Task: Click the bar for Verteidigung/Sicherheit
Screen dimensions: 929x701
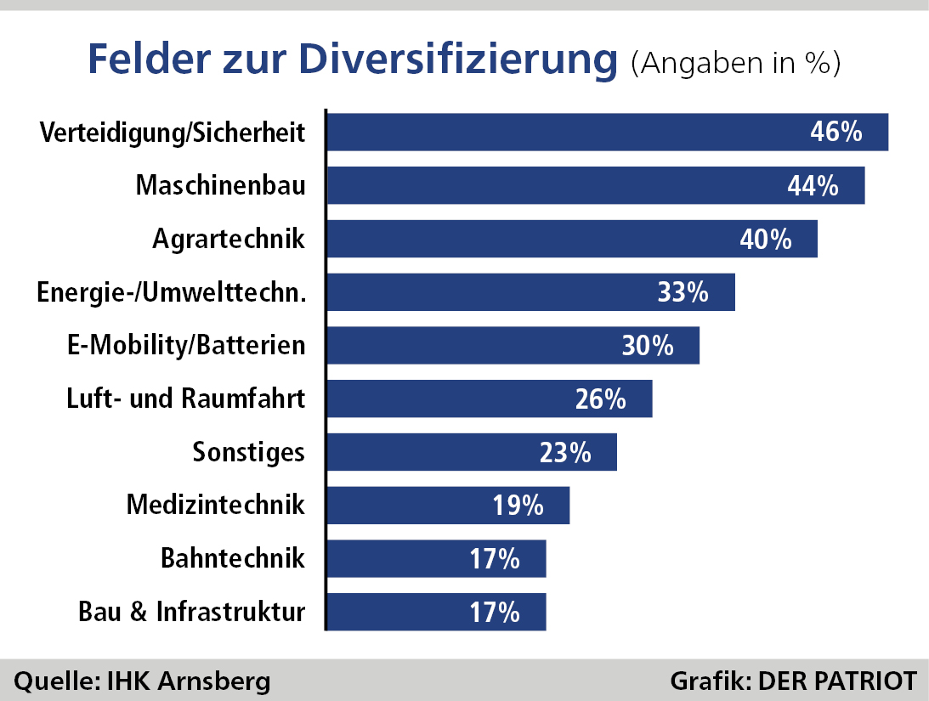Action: tap(608, 132)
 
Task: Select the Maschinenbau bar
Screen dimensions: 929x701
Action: tap(596, 185)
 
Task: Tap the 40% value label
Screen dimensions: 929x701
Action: tap(766, 240)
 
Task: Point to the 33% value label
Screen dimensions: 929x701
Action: tap(683, 292)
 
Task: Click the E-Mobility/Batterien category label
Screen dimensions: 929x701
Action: tap(186, 345)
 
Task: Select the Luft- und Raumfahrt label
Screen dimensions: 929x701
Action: tap(185, 399)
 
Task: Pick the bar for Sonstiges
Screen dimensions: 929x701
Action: tap(473, 452)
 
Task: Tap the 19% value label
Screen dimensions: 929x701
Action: tap(518, 506)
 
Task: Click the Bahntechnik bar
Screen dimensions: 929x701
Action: tap(437, 558)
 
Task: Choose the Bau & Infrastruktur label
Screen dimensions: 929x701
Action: tap(192, 612)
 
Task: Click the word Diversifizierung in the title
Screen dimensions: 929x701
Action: tap(458, 59)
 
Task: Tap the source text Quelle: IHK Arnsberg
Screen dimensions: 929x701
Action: tap(142, 681)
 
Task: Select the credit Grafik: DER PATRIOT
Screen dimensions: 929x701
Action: tap(793, 681)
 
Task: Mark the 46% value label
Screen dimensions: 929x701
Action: tap(836, 132)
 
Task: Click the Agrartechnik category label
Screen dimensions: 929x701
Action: tap(229, 240)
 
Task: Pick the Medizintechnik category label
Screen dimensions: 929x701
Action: tap(216, 505)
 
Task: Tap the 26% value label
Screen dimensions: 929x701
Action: tap(600, 399)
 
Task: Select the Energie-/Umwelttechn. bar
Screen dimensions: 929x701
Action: tap(531, 292)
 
